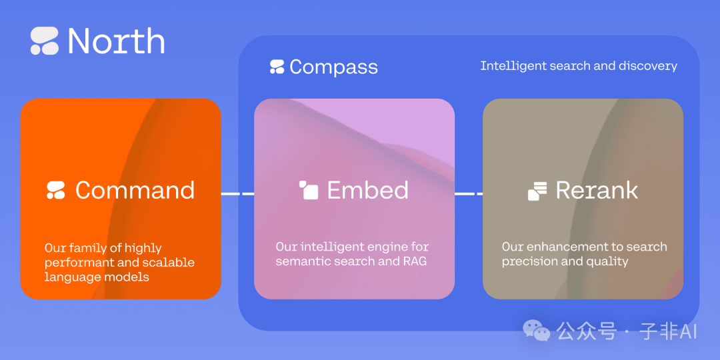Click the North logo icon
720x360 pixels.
point(45,41)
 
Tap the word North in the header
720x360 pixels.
point(116,41)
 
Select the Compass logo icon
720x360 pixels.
point(277,67)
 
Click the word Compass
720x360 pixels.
point(333,67)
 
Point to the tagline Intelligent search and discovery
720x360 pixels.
point(579,66)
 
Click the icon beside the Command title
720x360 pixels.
point(56,190)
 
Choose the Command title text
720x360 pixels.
point(135,190)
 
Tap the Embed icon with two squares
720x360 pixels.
point(308,190)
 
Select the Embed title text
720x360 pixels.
point(367,190)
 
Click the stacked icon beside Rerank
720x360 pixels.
point(537,191)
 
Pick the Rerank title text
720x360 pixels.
point(597,190)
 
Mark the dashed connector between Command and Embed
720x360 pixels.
point(237,194)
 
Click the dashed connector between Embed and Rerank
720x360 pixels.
point(469,194)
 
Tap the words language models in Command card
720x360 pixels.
point(97,277)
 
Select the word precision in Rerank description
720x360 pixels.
point(530,261)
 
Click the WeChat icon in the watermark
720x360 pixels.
point(537,330)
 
